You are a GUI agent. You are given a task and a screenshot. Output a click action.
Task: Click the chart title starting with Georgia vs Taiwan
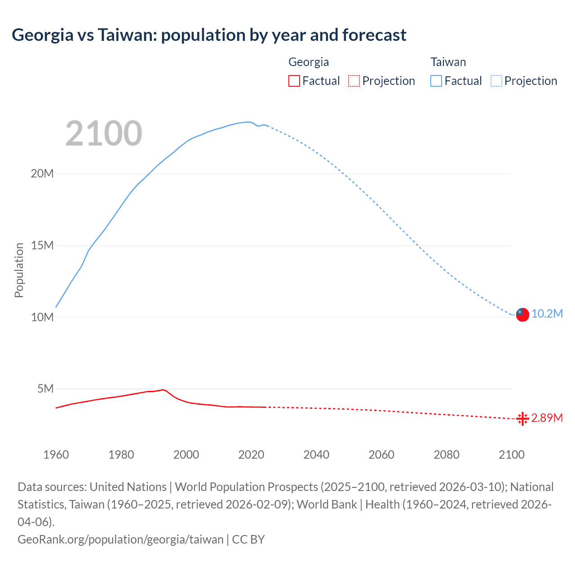tap(209, 35)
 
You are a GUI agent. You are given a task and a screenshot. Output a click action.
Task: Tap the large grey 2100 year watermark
tap(104, 133)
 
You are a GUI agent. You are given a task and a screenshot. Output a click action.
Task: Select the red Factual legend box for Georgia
tap(294, 81)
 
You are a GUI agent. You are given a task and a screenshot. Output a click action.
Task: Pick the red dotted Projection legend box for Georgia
tap(354, 81)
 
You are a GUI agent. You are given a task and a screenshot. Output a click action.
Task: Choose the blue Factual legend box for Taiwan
tap(436, 81)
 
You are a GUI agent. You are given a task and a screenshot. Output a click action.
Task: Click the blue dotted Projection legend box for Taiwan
tap(496, 81)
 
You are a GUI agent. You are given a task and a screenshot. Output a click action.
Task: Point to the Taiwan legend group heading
tap(448, 62)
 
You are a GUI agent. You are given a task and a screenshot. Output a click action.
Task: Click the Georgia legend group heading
tap(309, 62)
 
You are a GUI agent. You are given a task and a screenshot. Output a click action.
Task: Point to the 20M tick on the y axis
tap(42, 174)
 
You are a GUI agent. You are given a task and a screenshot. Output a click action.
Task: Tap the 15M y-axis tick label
tap(42, 245)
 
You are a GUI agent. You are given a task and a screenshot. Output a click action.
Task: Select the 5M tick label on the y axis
tap(45, 389)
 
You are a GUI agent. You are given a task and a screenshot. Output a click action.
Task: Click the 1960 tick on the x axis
tap(56, 455)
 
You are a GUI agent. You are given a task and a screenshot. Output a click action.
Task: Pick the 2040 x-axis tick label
tap(316, 455)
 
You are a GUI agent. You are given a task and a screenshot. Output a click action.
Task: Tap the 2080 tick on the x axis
tap(447, 455)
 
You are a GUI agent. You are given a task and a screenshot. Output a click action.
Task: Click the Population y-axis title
tap(19, 270)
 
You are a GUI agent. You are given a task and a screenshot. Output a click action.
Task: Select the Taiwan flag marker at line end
tap(522, 314)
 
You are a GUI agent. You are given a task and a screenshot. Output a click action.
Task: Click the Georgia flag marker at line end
tap(522, 419)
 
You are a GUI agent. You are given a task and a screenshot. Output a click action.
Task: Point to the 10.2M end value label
tap(547, 314)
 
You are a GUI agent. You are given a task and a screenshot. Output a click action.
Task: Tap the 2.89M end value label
tap(547, 418)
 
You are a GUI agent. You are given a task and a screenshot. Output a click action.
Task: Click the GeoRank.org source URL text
tap(120, 539)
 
